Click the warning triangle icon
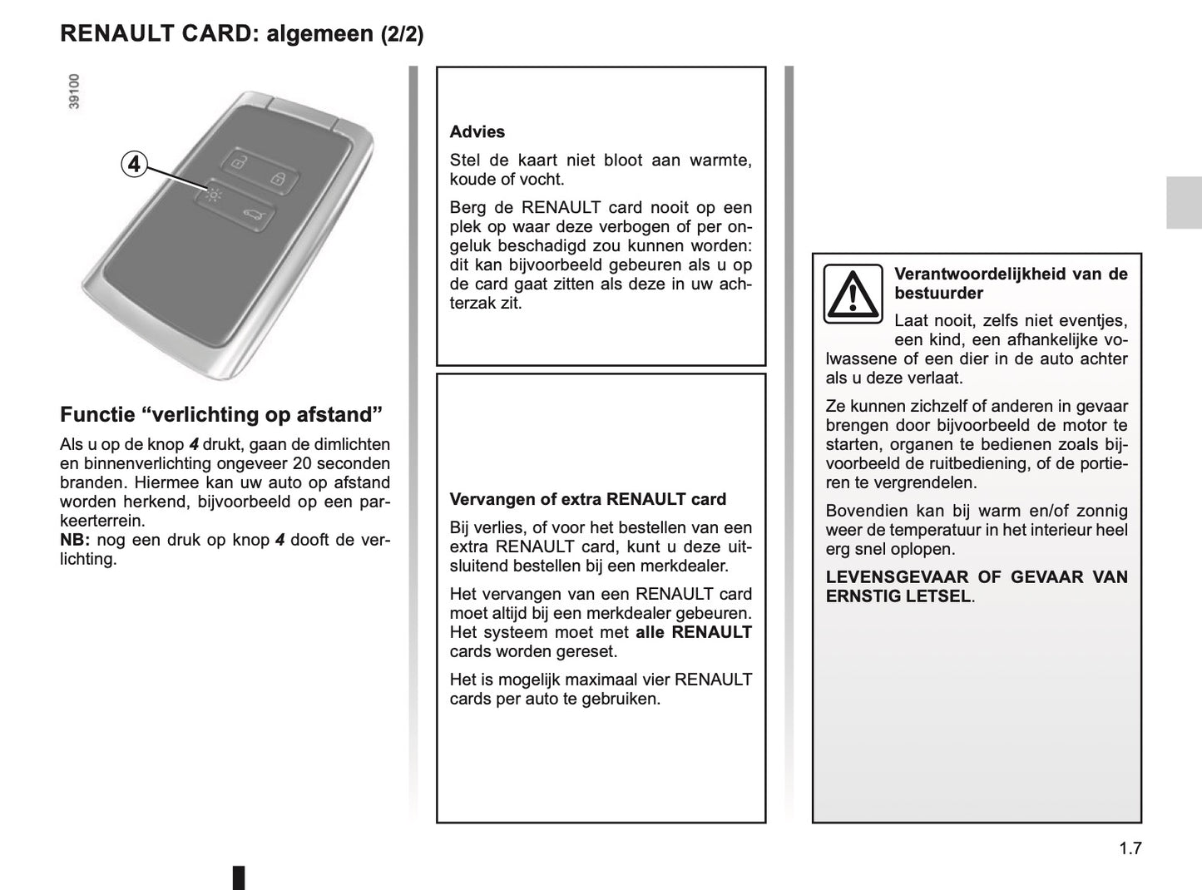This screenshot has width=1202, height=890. coord(853,293)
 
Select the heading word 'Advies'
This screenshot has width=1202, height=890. coord(477,131)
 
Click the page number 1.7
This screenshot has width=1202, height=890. coord(1130,848)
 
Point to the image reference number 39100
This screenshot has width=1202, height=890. coord(74,91)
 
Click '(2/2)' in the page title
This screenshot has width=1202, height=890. coord(402,34)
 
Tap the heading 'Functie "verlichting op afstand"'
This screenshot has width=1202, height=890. coord(221,414)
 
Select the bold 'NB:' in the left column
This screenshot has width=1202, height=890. coord(75,540)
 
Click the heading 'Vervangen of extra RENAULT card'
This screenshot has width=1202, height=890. coord(587,499)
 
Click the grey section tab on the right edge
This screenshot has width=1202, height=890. coord(1183,202)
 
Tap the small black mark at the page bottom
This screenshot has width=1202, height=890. coord(238,877)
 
